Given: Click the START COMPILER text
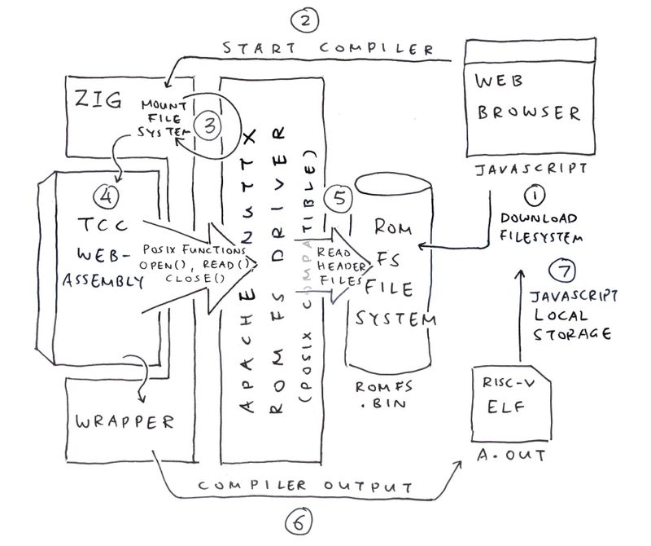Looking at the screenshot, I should [x=329, y=48].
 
